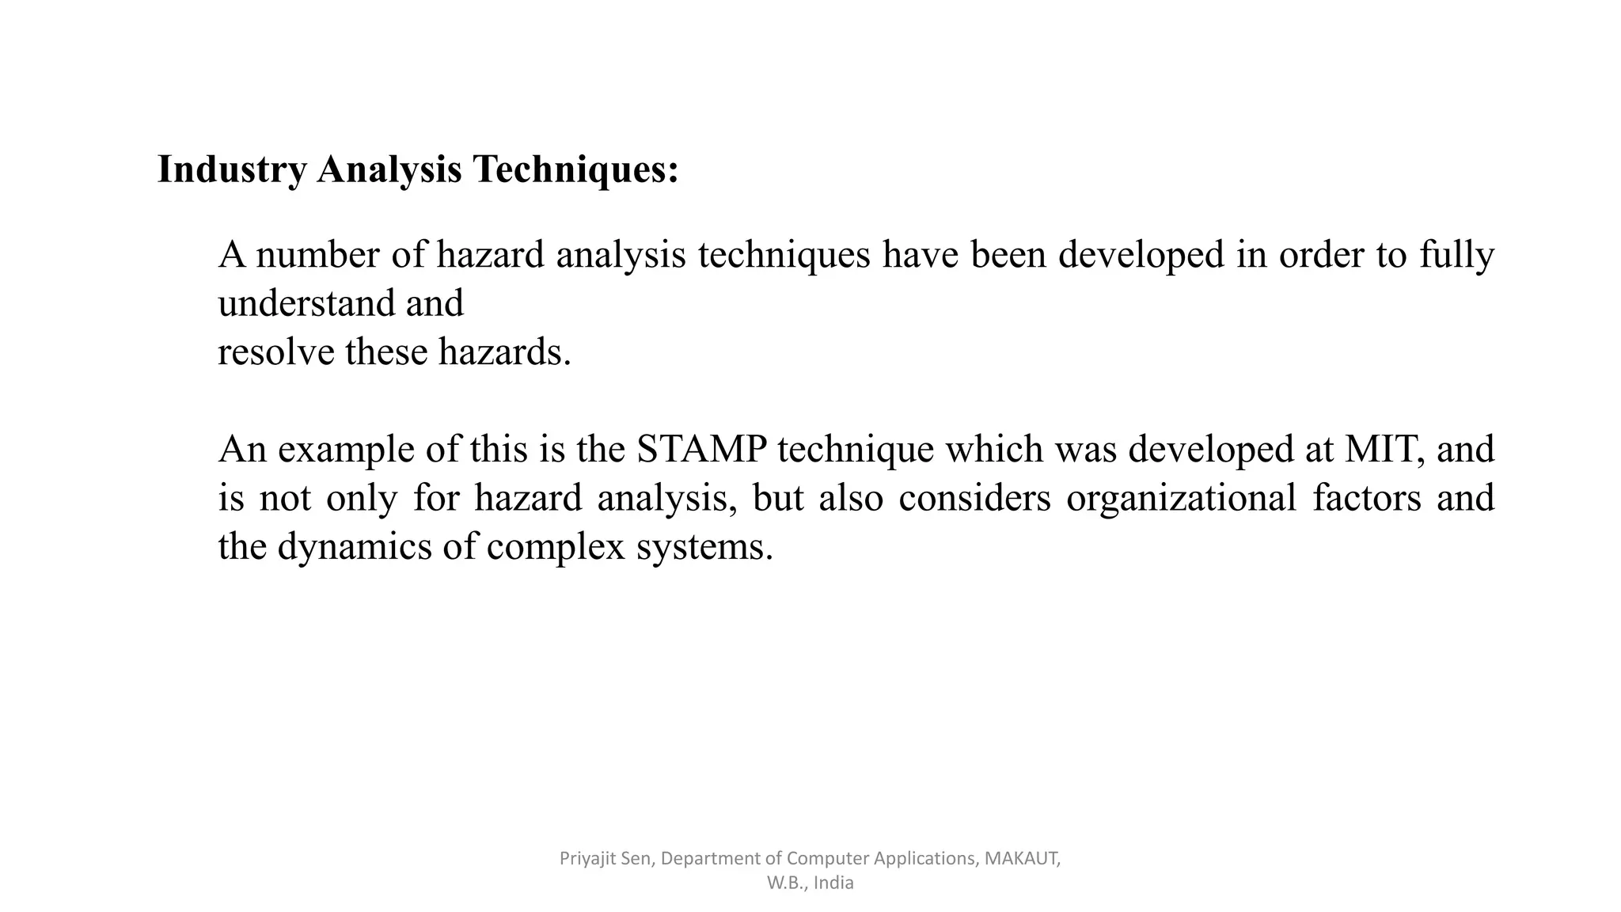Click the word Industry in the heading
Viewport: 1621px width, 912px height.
point(232,169)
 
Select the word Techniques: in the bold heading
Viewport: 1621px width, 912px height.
point(575,169)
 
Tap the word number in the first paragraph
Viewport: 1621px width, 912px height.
point(317,255)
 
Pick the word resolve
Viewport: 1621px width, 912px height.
point(275,352)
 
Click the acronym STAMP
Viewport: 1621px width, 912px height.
point(701,450)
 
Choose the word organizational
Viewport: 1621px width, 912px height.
point(1181,498)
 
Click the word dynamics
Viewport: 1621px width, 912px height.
point(355,547)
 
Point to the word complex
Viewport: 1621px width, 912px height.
point(556,547)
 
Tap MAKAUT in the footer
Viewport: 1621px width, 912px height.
point(1021,858)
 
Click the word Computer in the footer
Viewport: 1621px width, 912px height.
point(827,858)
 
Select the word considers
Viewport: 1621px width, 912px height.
point(974,498)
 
